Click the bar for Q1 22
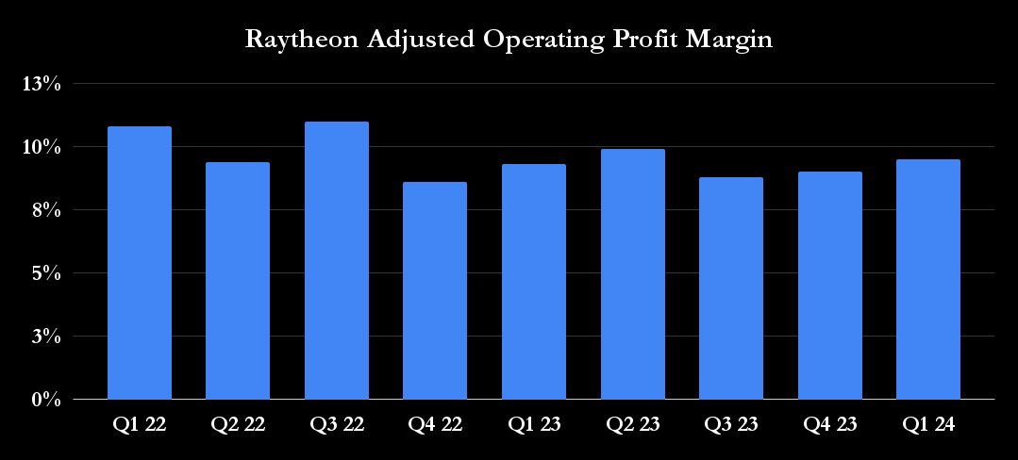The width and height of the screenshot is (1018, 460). pyautogui.click(x=140, y=263)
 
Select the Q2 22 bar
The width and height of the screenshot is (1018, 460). pyautogui.click(x=238, y=281)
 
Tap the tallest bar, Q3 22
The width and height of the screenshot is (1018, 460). pyautogui.click(x=337, y=260)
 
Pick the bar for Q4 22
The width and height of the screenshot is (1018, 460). pyautogui.click(x=435, y=290)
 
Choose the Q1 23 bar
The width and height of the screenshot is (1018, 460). pyautogui.click(x=534, y=282)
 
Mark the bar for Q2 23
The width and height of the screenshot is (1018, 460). pyautogui.click(x=632, y=274)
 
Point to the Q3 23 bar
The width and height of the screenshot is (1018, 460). pyautogui.click(x=731, y=288)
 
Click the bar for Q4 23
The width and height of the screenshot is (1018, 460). pyautogui.click(x=829, y=286)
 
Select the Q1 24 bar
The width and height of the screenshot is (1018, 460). pyautogui.click(x=928, y=279)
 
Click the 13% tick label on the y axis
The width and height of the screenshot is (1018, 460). pyautogui.click(x=42, y=84)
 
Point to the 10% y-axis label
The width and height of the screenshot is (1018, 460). pyautogui.click(x=42, y=147)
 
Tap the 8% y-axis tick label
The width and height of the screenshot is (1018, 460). pyautogui.click(x=47, y=210)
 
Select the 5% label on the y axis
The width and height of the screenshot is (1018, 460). pyautogui.click(x=47, y=273)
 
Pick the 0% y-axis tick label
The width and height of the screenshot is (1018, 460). pyautogui.click(x=47, y=400)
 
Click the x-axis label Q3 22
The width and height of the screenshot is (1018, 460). pyautogui.click(x=337, y=425)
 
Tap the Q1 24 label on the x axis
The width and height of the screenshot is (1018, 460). pyautogui.click(x=928, y=425)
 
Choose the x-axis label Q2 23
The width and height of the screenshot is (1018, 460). pyautogui.click(x=632, y=425)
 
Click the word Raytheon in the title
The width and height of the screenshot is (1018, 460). pyautogui.click(x=294, y=41)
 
